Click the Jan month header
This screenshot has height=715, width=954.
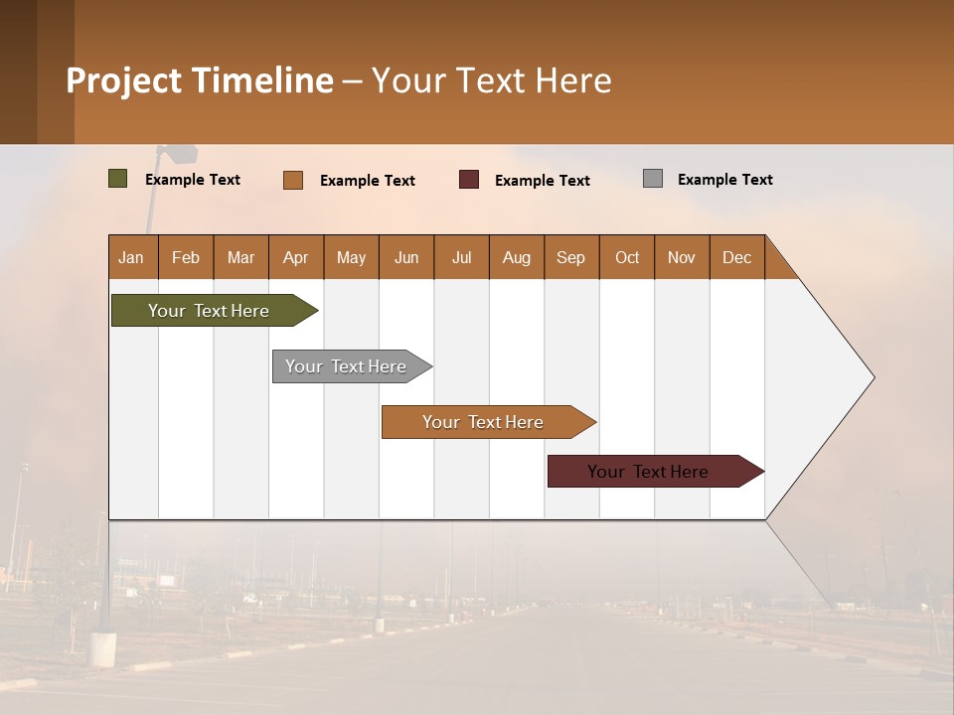(132, 257)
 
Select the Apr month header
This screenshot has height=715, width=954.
(296, 257)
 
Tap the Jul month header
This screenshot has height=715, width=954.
(461, 257)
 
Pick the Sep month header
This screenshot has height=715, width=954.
(571, 257)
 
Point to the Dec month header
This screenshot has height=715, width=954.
(736, 257)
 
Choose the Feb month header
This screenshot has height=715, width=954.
(186, 257)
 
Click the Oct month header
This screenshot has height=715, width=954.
(627, 257)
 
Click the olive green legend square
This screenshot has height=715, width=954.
(118, 179)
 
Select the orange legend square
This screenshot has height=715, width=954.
(293, 180)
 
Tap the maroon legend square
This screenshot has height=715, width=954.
(469, 179)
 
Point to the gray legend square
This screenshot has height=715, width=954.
(653, 179)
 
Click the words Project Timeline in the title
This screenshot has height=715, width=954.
(200, 80)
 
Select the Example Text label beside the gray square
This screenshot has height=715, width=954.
(724, 180)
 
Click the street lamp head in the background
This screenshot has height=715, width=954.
(180, 155)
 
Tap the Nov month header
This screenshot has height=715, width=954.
(682, 257)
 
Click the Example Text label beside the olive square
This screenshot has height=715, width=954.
(193, 180)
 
